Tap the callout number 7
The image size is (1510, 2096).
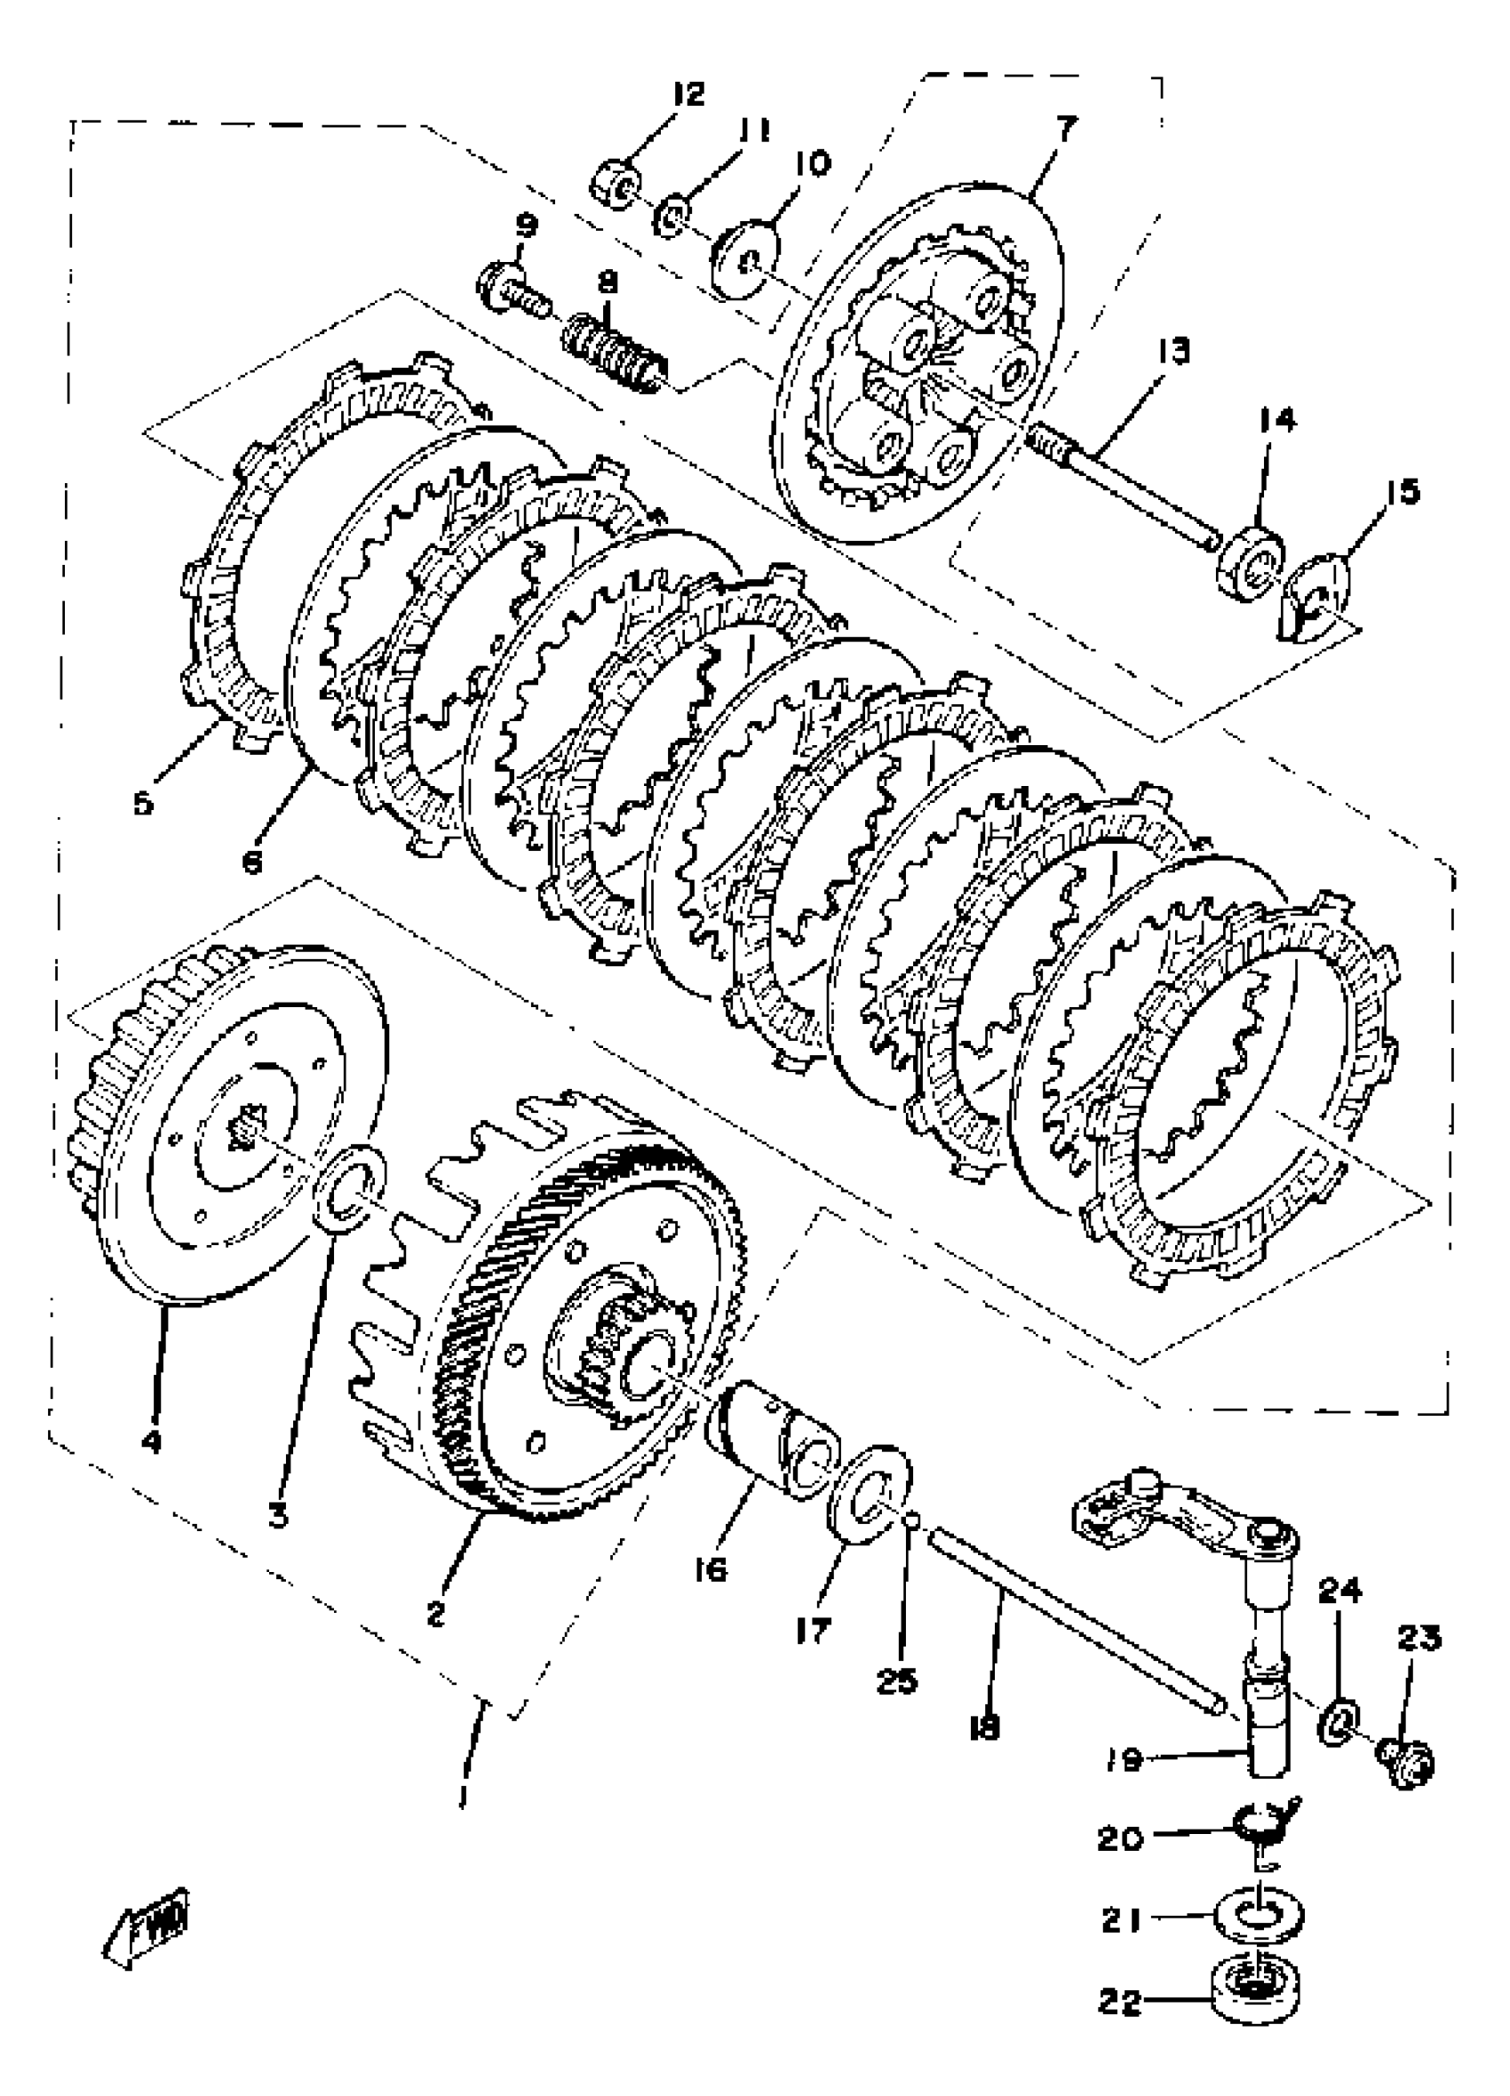pos(1066,129)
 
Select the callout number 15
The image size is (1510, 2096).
pos(1402,492)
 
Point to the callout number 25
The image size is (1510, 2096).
pos(896,1681)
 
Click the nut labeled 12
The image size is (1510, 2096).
pos(617,182)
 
